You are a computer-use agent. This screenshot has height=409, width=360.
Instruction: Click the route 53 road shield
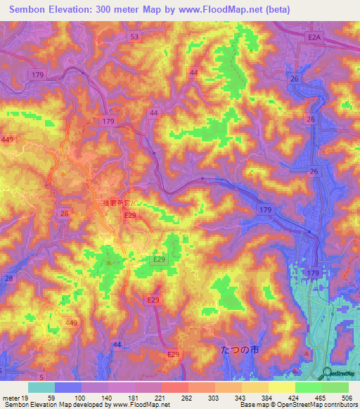135,36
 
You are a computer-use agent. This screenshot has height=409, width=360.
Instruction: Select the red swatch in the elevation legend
174,388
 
